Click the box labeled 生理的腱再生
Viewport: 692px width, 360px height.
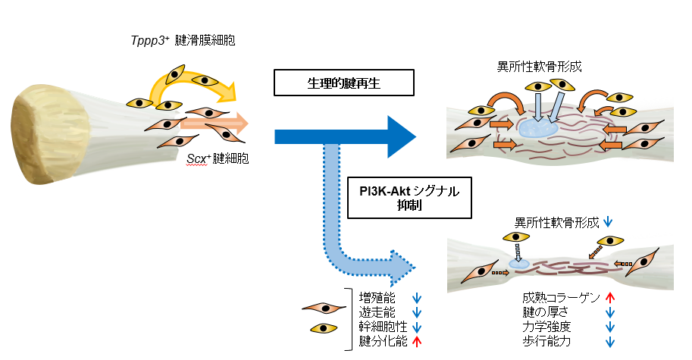(x=344, y=83)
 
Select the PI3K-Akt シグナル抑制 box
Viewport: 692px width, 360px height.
(x=409, y=198)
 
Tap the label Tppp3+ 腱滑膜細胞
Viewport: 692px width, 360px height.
(x=183, y=41)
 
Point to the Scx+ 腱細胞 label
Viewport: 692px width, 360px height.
(x=218, y=158)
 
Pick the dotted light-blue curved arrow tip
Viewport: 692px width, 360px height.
(x=403, y=268)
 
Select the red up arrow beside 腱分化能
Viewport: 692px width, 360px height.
(x=417, y=342)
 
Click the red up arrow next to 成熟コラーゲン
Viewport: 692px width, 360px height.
(x=610, y=298)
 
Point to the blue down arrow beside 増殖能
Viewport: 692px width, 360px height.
(x=417, y=299)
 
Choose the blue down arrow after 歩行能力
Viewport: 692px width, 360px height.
(x=610, y=342)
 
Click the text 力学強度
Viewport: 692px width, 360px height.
(x=546, y=327)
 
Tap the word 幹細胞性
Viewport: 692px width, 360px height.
(x=383, y=327)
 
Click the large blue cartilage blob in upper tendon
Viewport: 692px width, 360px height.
(x=538, y=128)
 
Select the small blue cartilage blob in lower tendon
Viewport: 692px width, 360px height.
(x=519, y=265)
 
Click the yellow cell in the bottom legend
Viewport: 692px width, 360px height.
(x=324, y=328)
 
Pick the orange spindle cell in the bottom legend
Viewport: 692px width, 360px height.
(x=324, y=308)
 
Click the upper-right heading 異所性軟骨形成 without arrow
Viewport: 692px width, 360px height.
(x=540, y=67)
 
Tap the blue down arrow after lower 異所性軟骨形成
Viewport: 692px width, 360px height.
(x=608, y=222)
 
